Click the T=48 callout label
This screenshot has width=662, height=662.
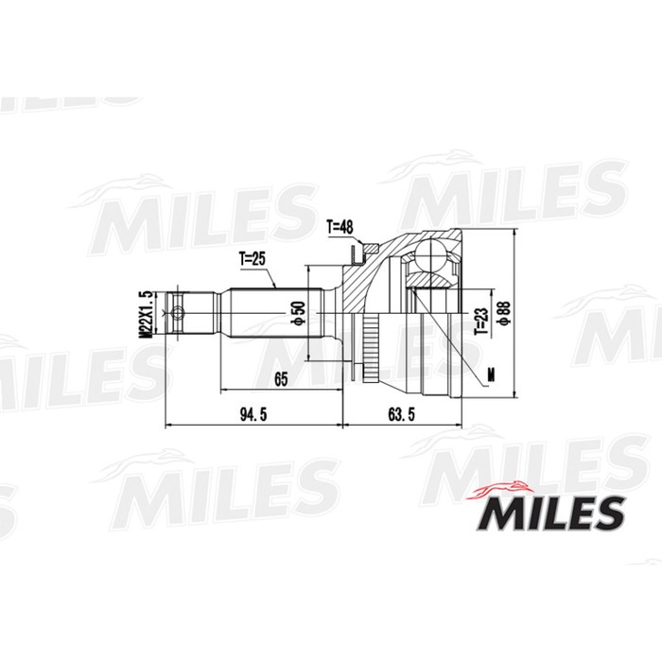340,227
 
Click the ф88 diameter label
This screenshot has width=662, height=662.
504,313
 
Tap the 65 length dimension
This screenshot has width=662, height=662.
280,378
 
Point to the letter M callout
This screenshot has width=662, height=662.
489,375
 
